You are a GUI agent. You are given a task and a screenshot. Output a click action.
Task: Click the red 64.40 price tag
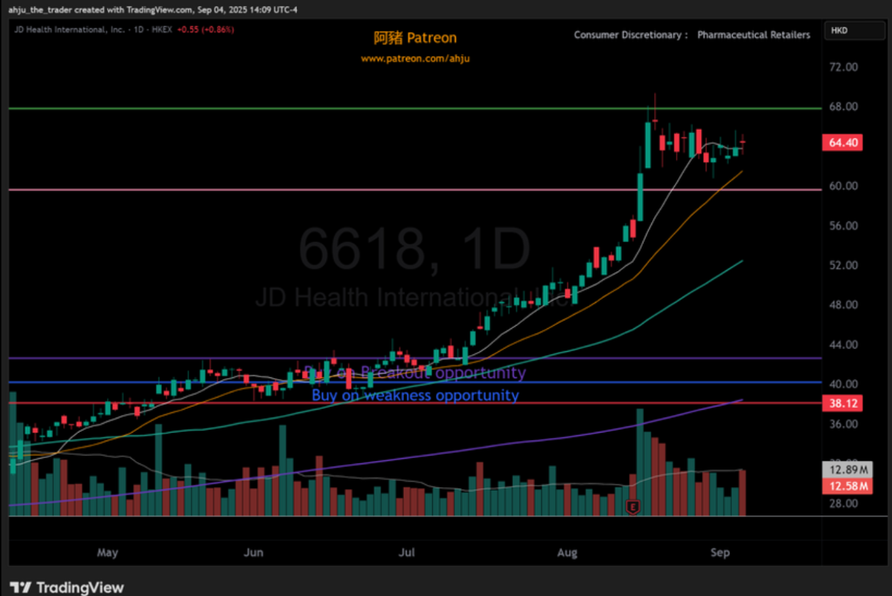842,142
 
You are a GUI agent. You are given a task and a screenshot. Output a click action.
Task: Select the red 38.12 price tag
842,403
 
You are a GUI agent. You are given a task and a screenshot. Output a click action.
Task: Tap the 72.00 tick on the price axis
843,67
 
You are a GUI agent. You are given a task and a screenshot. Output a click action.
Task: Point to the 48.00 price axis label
843,305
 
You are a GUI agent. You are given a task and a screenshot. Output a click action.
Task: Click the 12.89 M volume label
847,469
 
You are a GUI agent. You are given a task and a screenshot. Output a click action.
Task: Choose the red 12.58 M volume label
847,486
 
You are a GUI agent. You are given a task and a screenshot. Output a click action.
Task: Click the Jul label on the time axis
407,553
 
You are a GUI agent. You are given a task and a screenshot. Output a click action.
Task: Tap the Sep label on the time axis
720,553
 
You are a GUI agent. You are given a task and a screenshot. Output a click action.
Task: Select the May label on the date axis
108,553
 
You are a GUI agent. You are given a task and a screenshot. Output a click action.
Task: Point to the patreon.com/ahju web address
415,58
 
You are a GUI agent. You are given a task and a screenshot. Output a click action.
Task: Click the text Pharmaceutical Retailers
754,35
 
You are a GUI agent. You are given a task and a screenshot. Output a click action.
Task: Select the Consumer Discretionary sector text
628,35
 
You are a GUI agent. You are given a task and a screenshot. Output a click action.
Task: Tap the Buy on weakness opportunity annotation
415,395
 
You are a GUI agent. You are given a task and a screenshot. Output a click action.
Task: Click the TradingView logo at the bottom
67,587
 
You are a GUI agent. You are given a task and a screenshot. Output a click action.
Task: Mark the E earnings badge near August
633,507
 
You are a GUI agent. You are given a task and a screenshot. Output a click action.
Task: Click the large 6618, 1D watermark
415,249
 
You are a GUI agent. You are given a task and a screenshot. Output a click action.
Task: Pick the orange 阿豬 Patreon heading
415,38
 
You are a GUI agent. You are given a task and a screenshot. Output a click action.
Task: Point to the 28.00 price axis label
843,503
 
